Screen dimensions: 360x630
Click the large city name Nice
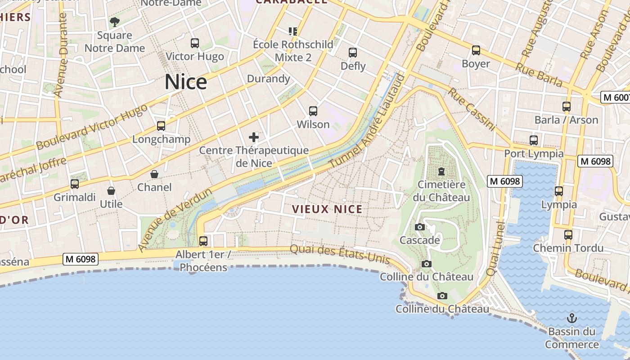click(x=186, y=82)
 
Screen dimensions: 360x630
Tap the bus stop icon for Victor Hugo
click(x=195, y=43)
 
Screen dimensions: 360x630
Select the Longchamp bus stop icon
click(x=161, y=126)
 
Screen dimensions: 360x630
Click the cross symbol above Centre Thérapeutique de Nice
click(x=254, y=137)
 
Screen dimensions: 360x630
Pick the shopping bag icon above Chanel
click(x=154, y=174)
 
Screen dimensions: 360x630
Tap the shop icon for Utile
click(x=111, y=191)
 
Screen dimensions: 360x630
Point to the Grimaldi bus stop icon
click(x=75, y=184)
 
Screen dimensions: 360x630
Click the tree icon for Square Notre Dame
click(x=115, y=22)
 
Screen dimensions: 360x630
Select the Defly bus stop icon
click(x=353, y=53)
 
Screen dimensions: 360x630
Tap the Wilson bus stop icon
click(x=313, y=111)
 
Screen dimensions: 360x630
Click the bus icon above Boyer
click(x=476, y=50)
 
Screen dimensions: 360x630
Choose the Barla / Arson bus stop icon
click(x=567, y=107)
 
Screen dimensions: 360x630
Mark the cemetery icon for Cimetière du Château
click(x=441, y=171)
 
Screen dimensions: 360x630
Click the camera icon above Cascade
click(x=420, y=227)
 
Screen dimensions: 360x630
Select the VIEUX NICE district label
click(x=327, y=209)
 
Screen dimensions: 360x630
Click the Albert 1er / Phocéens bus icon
click(x=203, y=241)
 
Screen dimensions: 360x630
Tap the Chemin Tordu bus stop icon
click(x=568, y=235)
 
